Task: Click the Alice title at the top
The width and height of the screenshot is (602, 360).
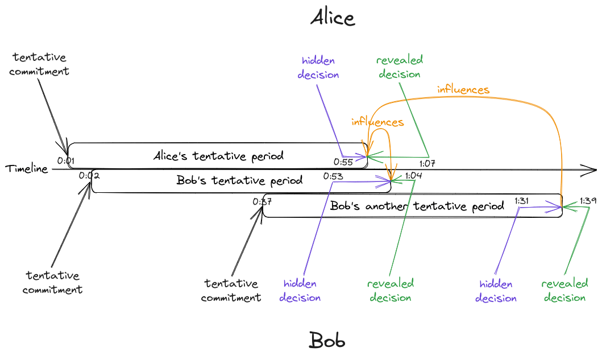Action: pos(332,18)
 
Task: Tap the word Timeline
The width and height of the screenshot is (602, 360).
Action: pos(27,169)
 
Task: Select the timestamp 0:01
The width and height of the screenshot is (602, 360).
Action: pos(66,161)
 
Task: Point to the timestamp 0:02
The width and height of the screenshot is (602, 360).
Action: pos(90,176)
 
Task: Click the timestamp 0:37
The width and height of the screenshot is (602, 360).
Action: pos(263,201)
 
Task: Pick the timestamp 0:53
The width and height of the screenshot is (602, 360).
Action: pos(333,176)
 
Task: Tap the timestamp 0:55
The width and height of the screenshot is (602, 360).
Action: pos(343,162)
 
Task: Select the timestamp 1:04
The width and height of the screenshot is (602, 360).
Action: pos(413,176)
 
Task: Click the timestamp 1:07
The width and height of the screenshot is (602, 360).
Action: pos(427,164)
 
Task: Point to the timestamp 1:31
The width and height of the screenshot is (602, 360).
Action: pos(522,201)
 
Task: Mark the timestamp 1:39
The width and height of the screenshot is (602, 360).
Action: pos(588,201)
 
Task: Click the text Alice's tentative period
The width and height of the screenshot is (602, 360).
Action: pos(218,156)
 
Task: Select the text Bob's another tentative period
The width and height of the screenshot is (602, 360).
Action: pos(417,206)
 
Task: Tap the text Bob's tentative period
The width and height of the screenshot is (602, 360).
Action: pos(239,181)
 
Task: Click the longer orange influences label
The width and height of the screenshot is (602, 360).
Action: pos(463,90)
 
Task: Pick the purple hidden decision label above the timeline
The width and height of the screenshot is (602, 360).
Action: pos(319,68)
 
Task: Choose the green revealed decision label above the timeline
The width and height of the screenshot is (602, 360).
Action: pos(400,68)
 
